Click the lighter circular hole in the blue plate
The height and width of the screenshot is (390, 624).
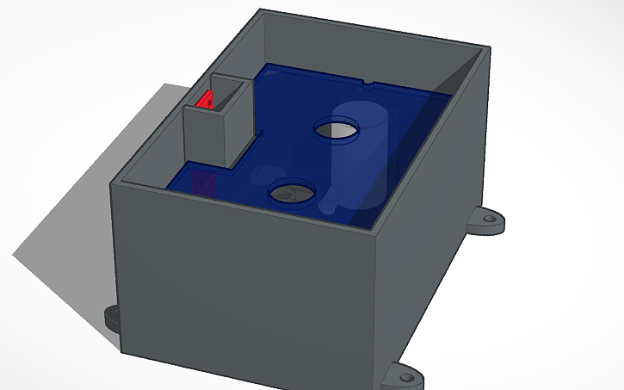coord(336,130)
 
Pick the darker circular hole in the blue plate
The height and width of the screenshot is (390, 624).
coord(290,194)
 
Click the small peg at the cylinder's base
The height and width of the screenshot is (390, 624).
coord(329,206)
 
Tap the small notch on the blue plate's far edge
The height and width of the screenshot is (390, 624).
coord(368,84)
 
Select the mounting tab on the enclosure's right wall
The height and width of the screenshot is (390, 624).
coord(487,221)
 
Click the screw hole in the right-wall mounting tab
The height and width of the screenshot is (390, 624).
coord(491,220)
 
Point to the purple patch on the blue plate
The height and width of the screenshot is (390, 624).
coord(203,182)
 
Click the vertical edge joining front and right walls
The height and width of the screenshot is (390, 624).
coord(379,310)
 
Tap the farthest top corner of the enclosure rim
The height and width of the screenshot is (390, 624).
coord(262,11)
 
